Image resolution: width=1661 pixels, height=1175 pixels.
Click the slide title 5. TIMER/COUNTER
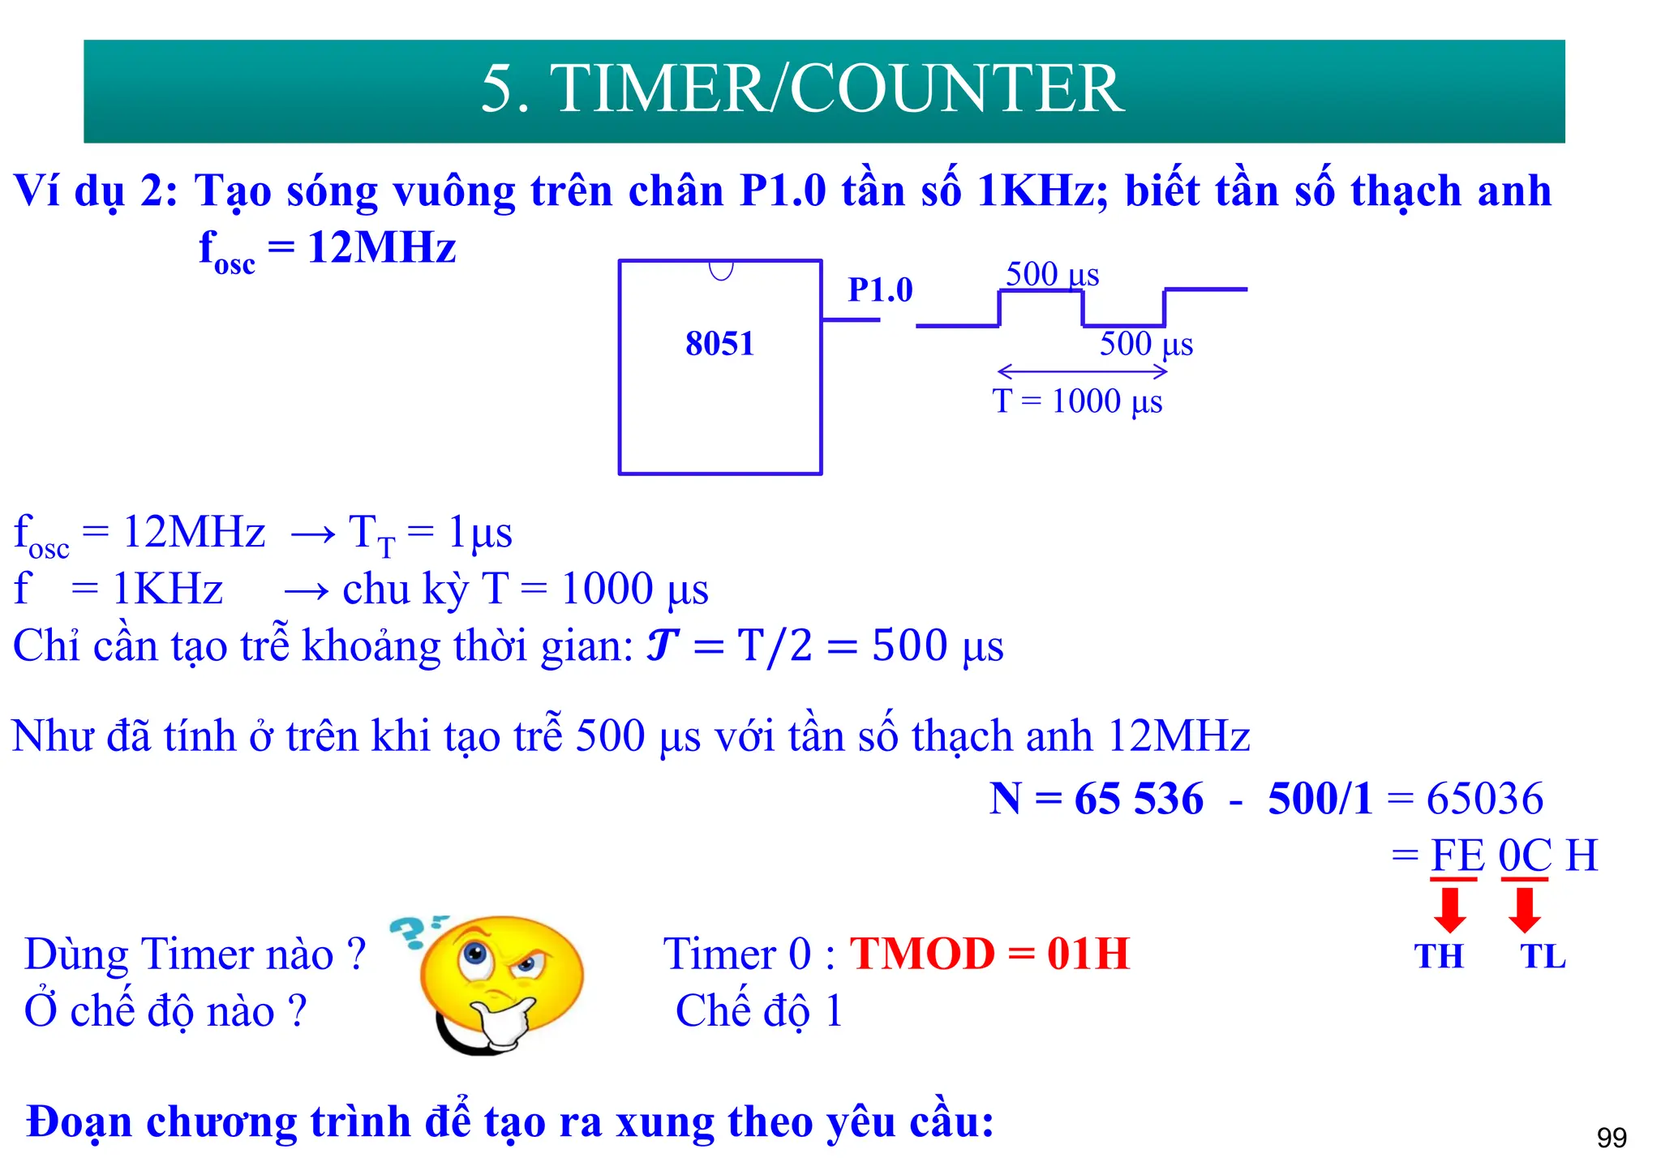[802, 89]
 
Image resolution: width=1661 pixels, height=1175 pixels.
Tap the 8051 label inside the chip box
[719, 344]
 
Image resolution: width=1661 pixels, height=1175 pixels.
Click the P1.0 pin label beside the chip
[880, 289]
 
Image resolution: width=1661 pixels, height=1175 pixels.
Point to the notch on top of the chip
[721, 270]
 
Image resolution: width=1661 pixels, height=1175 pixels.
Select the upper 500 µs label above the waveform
[1052, 274]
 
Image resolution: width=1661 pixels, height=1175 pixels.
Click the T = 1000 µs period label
[1077, 401]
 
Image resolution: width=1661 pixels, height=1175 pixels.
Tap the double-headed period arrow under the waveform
[1082, 371]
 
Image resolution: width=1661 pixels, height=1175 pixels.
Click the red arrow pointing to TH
[1450, 909]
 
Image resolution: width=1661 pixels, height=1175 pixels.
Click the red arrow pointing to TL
[1525, 909]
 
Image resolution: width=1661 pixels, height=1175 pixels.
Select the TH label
[1439, 957]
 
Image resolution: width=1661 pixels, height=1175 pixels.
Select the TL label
[1543, 957]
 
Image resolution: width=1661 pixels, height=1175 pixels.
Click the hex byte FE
[1457, 856]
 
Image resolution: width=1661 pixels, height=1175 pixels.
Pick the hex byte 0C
[1525, 856]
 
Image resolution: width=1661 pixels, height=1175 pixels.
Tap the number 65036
[1484, 799]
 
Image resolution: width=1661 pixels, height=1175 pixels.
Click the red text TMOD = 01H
[989, 954]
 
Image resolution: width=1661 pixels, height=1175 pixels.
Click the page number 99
[1611, 1139]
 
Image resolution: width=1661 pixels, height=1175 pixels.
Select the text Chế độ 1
[759, 1011]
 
